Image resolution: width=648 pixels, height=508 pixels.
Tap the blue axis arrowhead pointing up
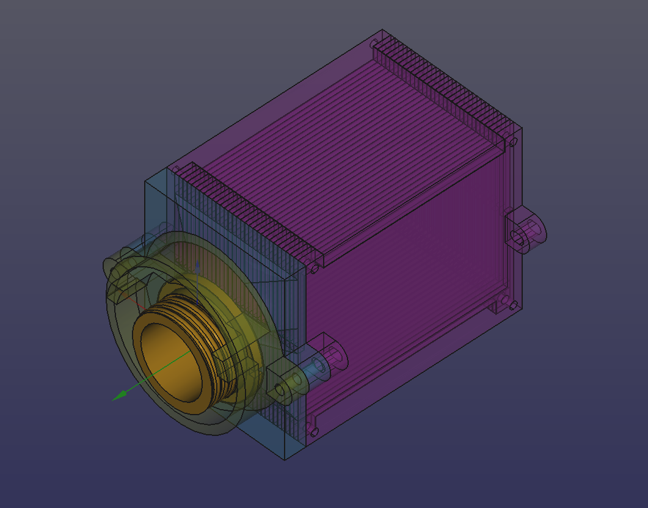pyautogui.click(x=197, y=267)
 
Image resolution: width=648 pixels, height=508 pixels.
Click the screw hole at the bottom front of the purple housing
pyautogui.click(x=314, y=431)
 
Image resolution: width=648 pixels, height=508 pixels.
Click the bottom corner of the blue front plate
pyautogui.click(x=285, y=459)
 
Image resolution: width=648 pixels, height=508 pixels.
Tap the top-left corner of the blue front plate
pyautogui.click(x=145, y=182)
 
